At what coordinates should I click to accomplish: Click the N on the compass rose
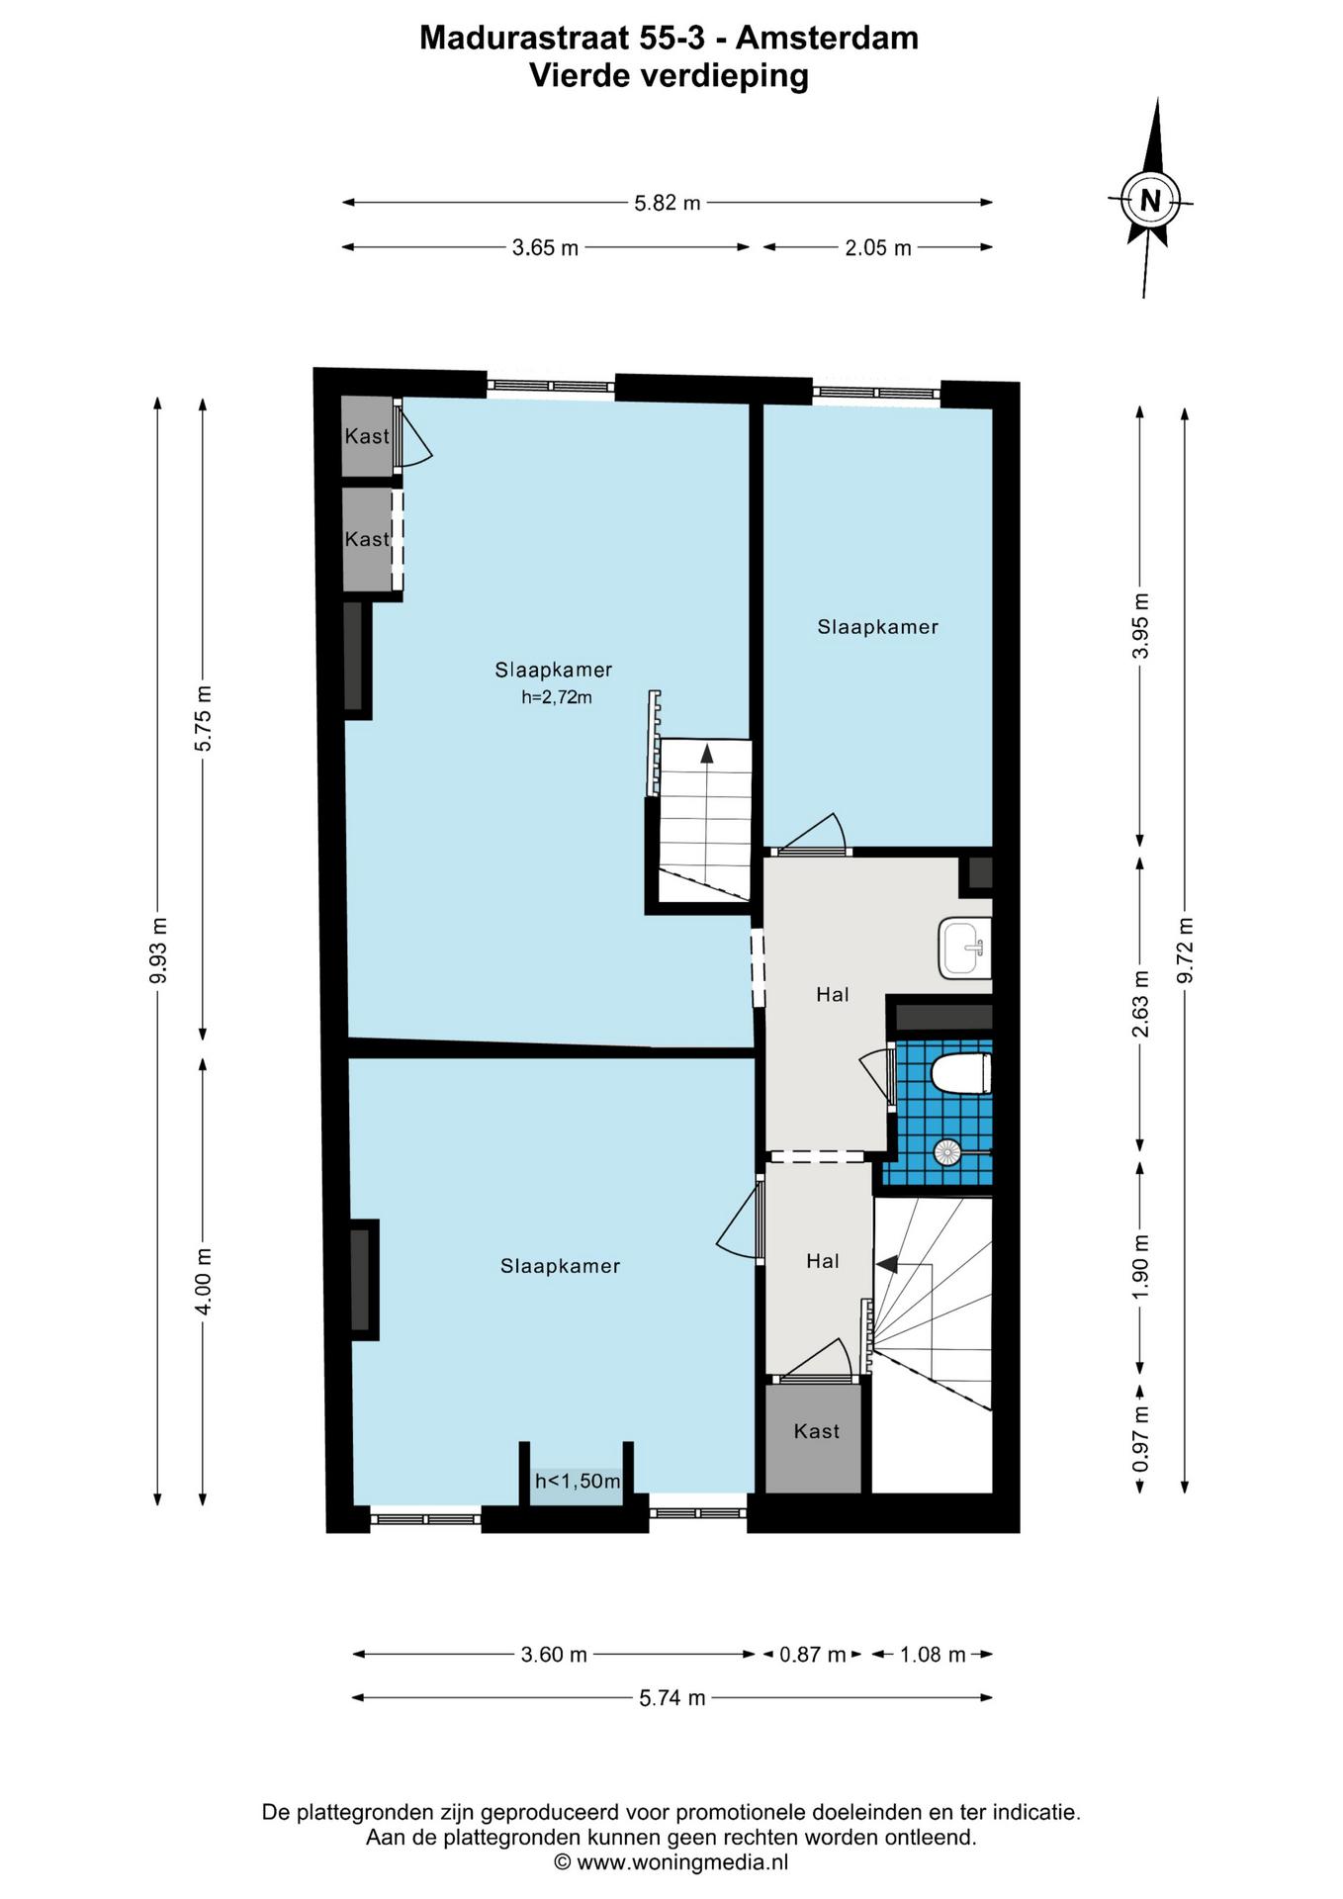[1150, 201]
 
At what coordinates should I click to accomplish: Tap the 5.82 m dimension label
[668, 203]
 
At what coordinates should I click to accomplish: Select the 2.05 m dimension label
[877, 247]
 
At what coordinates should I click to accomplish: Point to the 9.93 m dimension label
[158, 951]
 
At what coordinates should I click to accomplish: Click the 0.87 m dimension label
[812, 1654]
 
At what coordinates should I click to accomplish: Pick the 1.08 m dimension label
[932, 1654]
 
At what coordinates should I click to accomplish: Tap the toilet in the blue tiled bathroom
[961, 1074]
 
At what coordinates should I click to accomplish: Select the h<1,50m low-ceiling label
[578, 1481]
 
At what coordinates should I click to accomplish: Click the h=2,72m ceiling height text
[557, 697]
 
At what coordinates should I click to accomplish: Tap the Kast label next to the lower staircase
[817, 1431]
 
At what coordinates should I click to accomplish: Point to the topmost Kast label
[367, 436]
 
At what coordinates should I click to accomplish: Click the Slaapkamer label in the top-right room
[877, 627]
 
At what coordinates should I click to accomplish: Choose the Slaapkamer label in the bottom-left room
[560, 1266]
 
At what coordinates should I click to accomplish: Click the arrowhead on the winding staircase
[886, 1264]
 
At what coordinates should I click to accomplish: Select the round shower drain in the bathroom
[947, 1150]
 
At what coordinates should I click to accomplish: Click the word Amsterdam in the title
[827, 38]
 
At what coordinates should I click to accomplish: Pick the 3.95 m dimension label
[1140, 625]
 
